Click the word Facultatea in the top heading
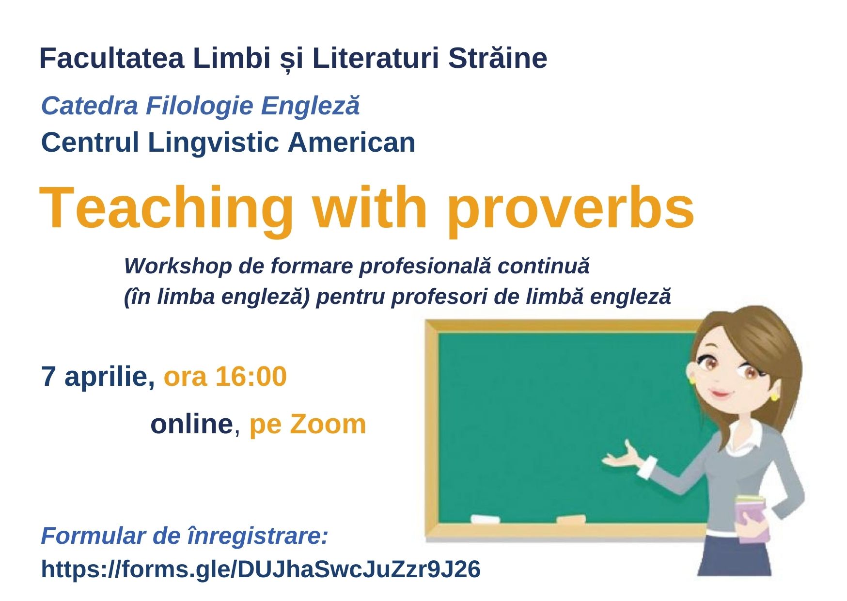(x=112, y=58)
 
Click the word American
(x=351, y=142)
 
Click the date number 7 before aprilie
(x=48, y=377)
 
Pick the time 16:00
(x=251, y=377)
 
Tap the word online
(x=192, y=424)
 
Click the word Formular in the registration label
(x=94, y=536)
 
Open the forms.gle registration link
(x=261, y=569)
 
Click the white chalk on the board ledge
(x=485, y=520)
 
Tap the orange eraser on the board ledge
(x=571, y=520)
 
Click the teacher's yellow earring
(x=774, y=397)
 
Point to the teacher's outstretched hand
(x=621, y=457)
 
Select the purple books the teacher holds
(x=753, y=518)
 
